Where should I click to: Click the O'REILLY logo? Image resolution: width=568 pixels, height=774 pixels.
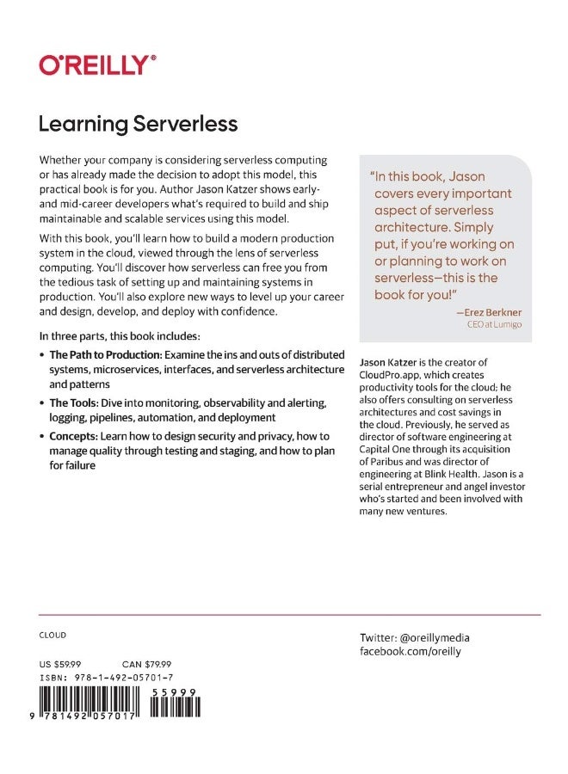(97, 64)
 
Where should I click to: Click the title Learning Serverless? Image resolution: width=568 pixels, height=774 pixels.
(138, 125)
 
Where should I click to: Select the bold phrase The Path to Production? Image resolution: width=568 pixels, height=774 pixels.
(94, 354)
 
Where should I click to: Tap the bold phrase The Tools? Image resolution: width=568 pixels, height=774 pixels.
(74, 402)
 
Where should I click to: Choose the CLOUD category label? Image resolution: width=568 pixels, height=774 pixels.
(52, 636)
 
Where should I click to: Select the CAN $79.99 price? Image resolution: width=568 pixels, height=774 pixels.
(147, 664)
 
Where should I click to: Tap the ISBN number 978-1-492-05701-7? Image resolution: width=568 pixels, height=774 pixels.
(127, 678)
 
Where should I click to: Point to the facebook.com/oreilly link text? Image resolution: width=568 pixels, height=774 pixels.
(410, 652)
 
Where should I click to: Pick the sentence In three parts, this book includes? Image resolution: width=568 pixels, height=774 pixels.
(119, 335)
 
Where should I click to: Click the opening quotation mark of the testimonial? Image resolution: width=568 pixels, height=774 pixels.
(373, 175)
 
